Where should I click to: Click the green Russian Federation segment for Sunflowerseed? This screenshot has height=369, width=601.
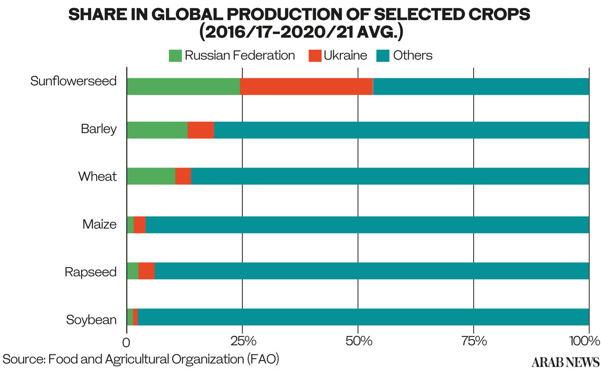point(183,87)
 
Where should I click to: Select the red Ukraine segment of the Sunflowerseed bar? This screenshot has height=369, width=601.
point(307,87)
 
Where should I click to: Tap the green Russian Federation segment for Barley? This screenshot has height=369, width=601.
point(157,130)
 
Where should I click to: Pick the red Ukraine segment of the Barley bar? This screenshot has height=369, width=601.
point(201,130)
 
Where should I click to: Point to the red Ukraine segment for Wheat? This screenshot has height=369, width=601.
point(183,176)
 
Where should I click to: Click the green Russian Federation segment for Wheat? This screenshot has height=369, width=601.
point(151,176)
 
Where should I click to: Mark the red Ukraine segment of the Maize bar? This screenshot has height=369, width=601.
point(139,225)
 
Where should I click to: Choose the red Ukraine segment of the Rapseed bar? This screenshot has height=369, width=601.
point(146,271)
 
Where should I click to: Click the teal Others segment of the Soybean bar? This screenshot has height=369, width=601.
point(363,317)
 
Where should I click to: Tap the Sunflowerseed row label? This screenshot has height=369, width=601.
point(73,81)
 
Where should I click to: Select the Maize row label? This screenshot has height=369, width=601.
point(100,224)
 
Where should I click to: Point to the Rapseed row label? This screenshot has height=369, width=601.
point(91,272)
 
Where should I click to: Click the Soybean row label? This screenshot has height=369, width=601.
point(92,319)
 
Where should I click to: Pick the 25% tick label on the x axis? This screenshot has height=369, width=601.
point(243,342)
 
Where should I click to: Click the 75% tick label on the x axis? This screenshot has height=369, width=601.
point(474,342)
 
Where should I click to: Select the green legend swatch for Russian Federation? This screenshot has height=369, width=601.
point(175,55)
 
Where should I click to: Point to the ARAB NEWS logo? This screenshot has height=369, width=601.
point(565,362)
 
